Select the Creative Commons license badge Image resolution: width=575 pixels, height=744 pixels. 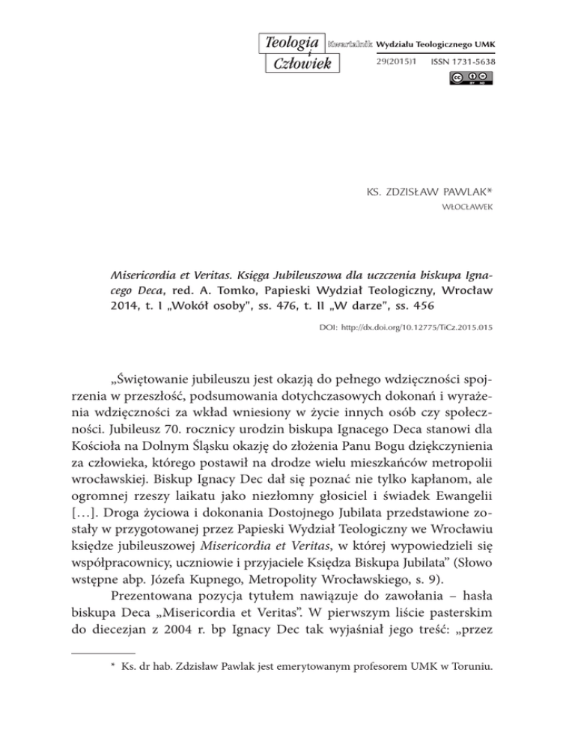tap(472, 78)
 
